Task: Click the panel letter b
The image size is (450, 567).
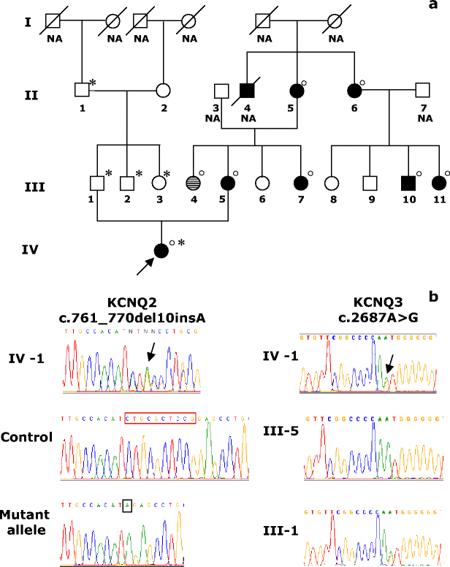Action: [435, 297]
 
